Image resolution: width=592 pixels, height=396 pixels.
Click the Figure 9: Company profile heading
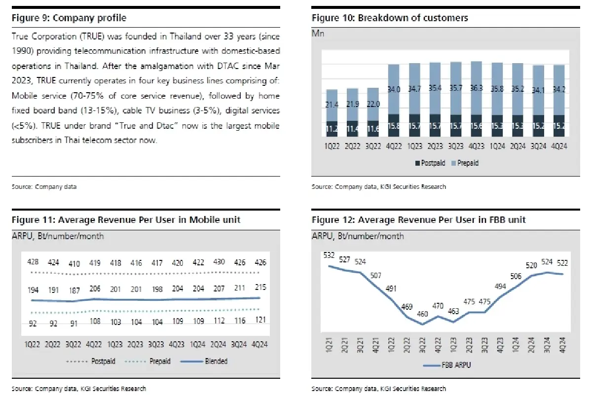(69, 18)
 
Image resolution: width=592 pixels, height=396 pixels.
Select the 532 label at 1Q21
(328, 255)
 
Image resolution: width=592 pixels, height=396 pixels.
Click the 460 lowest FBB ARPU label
(423, 314)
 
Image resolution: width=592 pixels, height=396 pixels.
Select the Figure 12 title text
(418, 219)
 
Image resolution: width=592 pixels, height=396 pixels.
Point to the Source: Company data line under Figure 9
(44, 187)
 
